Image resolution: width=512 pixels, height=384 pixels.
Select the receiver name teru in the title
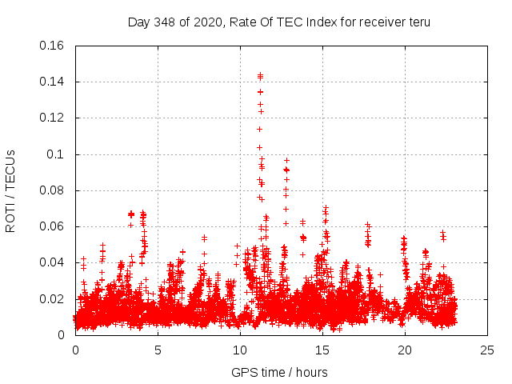(417, 22)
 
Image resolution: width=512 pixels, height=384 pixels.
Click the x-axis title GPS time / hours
(279, 372)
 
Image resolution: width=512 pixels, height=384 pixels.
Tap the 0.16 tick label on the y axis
(53, 46)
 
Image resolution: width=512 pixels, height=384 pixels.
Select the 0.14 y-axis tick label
(53, 82)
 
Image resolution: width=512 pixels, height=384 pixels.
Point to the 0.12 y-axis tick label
(53, 118)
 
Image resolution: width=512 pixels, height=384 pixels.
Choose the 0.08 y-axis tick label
(53, 190)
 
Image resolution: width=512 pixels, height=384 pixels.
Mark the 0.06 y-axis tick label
(53, 226)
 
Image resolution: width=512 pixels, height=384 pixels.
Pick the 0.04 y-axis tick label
(53, 262)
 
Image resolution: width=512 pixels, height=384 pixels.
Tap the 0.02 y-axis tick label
(53, 299)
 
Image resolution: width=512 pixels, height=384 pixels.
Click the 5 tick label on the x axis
(158, 350)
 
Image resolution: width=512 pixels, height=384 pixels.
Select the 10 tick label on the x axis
(240, 350)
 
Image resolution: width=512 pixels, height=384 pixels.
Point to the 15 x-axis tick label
(322, 350)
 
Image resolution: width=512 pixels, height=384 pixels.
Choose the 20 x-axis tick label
(405, 350)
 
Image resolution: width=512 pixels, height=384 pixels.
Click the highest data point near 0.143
(260, 75)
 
